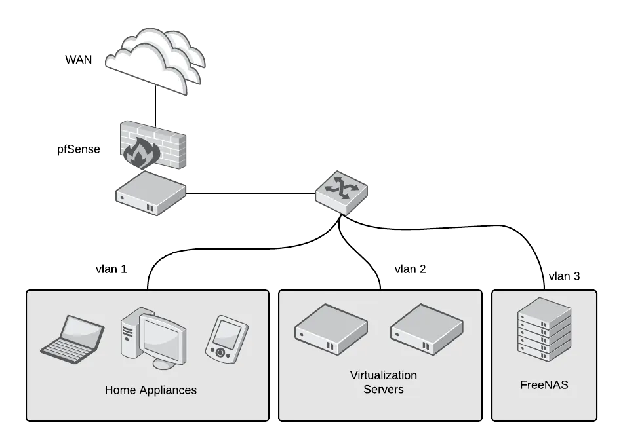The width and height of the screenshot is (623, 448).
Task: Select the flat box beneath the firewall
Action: (x=151, y=195)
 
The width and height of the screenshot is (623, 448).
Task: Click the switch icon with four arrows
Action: (x=343, y=192)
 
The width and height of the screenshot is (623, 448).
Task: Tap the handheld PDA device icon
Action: (x=227, y=339)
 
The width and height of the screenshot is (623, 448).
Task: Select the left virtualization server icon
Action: (x=331, y=328)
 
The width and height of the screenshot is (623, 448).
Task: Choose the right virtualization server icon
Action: (x=427, y=328)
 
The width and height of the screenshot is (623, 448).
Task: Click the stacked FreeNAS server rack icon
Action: (x=544, y=329)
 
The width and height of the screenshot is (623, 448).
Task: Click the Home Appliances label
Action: (x=150, y=390)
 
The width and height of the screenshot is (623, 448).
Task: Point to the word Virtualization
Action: (x=383, y=375)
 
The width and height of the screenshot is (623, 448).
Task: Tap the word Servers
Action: (x=384, y=390)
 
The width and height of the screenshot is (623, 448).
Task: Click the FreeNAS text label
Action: (x=544, y=385)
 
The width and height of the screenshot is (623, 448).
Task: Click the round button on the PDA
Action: (x=220, y=352)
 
